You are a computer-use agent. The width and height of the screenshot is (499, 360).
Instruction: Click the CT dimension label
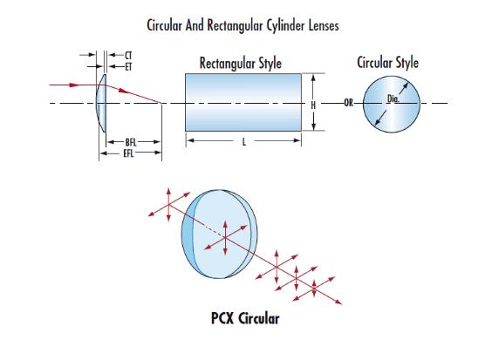(x=128, y=56)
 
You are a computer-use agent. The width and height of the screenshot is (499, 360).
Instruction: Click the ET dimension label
(x=128, y=67)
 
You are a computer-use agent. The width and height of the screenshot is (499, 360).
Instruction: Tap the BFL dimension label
(x=131, y=142)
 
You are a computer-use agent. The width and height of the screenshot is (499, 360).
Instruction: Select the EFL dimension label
(x=128, y=153)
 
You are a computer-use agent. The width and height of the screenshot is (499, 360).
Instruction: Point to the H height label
(x=313, y=105)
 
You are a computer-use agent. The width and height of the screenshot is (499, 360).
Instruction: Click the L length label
(x=244, y=141)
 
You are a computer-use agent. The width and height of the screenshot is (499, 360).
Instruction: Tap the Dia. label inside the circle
(x=393, y=98)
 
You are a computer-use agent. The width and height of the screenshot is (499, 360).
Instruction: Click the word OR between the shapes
(x=348, y=103)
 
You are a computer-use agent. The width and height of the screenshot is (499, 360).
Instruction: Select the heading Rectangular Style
(x=240, y=63)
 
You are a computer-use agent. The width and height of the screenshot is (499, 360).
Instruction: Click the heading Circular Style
(x=387, y=62)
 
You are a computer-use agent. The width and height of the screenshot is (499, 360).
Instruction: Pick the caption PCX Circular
(x=245, y=318)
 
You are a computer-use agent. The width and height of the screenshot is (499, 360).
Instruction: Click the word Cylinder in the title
(x=285, y=25)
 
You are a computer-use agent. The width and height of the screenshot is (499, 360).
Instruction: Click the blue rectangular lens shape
(x=243, y=102)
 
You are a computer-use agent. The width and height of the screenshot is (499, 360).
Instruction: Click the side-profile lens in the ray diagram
(x=101, y=103)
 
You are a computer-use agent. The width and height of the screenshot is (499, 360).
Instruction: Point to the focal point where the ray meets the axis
(x=161, y=103)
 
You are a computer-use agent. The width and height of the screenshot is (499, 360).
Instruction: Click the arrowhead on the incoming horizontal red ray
(x=74, y=85)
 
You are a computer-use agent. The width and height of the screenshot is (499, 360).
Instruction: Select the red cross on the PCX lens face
(x=225, y=237)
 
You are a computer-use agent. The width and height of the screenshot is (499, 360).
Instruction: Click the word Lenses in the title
(x=324, y=25)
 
